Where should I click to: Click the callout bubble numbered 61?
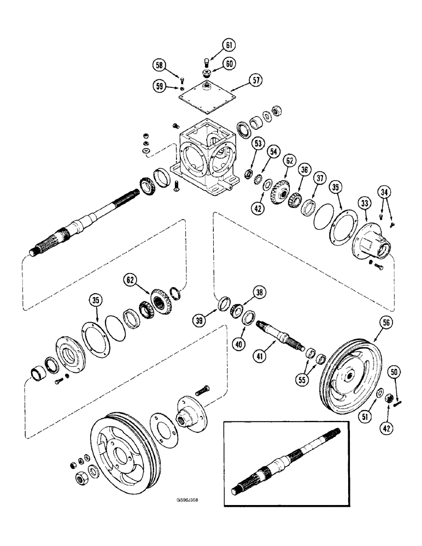pyautogui.click(x=228, y=45)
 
